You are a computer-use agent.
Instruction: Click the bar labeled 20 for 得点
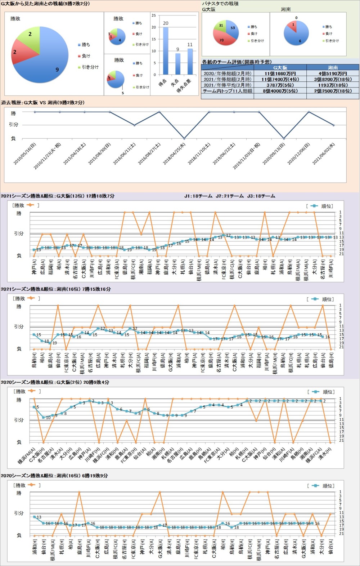(166, 50)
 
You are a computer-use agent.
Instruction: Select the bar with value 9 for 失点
(178, 64)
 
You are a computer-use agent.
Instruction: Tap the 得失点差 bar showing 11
(190, 61)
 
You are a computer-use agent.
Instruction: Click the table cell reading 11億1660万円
(280, 73)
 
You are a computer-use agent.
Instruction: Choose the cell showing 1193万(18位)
(333, 85)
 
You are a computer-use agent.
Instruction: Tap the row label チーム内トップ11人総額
(228, 91)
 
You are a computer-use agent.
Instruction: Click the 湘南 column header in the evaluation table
(333, 67)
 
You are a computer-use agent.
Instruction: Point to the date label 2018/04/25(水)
(175, 153)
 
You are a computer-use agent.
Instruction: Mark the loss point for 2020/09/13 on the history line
(284, 138)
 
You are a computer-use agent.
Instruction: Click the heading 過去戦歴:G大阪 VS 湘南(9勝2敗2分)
(43, 103)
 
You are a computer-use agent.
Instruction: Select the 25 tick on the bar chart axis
(154, 15)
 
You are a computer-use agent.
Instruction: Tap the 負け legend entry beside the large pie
(86, 56)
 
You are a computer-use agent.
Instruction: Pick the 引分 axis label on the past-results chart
(13, 125)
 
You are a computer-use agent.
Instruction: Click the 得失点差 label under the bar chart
(184, 86)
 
